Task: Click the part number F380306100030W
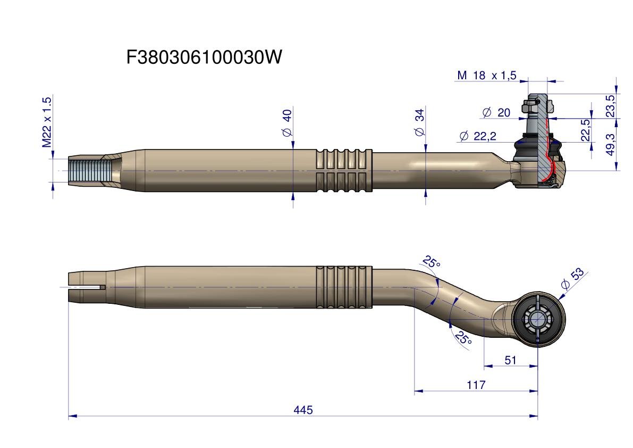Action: (204, 57)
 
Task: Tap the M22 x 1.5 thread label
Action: (47, 122)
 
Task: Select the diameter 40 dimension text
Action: (287, 123)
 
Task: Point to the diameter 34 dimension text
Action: (420, 122)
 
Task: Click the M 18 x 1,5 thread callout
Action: (486, 76)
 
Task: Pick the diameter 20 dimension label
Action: (496, 112)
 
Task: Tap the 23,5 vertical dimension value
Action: (610, 105)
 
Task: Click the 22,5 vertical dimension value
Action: (585, 130)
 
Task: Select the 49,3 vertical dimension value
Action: (610, 144)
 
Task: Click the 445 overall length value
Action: (303, 410)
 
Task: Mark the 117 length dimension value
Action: (476, 385)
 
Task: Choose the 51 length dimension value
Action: (510, 360)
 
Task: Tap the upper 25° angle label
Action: (431, 262)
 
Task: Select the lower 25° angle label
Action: (463, 338)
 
